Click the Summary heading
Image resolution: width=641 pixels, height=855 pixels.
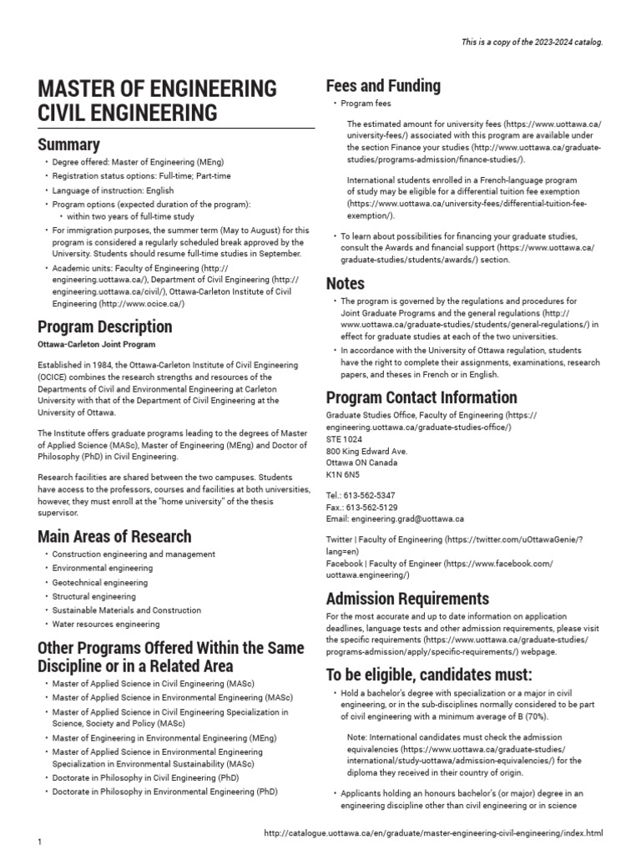[68, 144]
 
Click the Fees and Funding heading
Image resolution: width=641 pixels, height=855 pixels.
[383, 86]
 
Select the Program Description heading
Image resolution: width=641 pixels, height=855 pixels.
[104, 326]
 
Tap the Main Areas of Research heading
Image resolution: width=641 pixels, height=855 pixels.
[114, 536]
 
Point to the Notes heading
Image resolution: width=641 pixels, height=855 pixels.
[346, 283]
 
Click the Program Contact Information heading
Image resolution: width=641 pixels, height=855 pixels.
[421, 397]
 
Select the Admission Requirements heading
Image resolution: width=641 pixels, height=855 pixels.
[407, 599]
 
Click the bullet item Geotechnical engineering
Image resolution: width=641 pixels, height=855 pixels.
[100, 583]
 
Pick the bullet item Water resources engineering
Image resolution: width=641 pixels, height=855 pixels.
[106, 625]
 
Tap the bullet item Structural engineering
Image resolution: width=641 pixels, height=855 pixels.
[93, 597]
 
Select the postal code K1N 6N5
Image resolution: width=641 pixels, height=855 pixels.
[342, 474]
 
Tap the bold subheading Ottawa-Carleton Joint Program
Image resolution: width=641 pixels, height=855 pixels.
[96, 345]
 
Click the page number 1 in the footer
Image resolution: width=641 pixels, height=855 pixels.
[39, 842]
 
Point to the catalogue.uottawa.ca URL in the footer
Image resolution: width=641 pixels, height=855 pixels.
[432, 833]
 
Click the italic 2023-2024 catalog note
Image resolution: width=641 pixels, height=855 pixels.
[532, 42]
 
